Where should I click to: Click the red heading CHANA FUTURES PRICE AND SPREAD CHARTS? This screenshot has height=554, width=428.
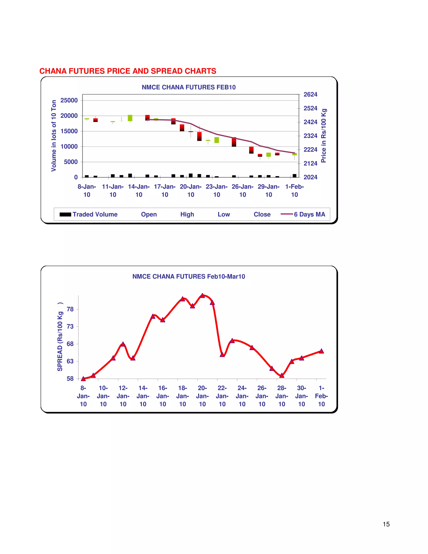[x=128, y=71]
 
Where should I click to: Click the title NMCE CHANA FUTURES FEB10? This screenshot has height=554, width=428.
[x=189, y=87]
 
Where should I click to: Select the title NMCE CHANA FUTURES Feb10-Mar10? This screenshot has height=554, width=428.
[x=189, y=277]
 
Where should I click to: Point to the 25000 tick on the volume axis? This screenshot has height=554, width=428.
[x=69, y=100]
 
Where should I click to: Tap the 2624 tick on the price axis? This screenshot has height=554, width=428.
[x=310, y=95]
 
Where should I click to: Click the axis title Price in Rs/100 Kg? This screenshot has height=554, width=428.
[x=324, y=136]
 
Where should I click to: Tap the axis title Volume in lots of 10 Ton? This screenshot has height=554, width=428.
[x=54, y=136]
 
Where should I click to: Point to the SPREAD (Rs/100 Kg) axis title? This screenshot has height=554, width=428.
[x=60, y=337]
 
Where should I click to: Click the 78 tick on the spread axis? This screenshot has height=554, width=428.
[x=70, y=309]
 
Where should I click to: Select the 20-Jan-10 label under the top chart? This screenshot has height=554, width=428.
[x=191, y=190]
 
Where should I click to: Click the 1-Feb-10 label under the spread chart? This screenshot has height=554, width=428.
[x=321, y=396]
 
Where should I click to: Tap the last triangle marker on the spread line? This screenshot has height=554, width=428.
[x=321, y=351]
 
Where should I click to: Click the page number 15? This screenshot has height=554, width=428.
[x=386, y=524]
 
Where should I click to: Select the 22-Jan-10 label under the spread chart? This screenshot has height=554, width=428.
[x=222, y=396]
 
